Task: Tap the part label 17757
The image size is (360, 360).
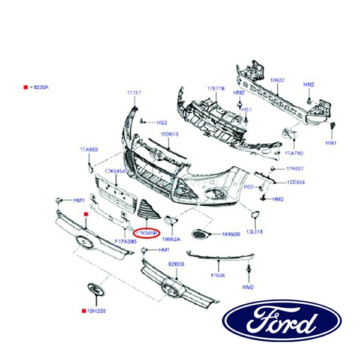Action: [x=134, y=93]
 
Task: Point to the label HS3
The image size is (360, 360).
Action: [x=161, y=122]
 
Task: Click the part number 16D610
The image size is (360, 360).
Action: [x=169, y=134]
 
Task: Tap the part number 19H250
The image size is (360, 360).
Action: [x=96, y=311]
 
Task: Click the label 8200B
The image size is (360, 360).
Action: [x=176, y=264]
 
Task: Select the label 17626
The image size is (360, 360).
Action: [x=218, y=275]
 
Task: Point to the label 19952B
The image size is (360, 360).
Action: [x=231, y=234]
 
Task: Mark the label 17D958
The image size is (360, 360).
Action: [x=295, y=182]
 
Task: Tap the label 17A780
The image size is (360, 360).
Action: [x=293, y=153]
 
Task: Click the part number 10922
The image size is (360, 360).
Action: [x=277, y=80]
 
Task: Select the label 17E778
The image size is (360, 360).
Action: [x=215, y=89]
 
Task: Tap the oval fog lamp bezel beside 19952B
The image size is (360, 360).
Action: [x=199, y=234]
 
